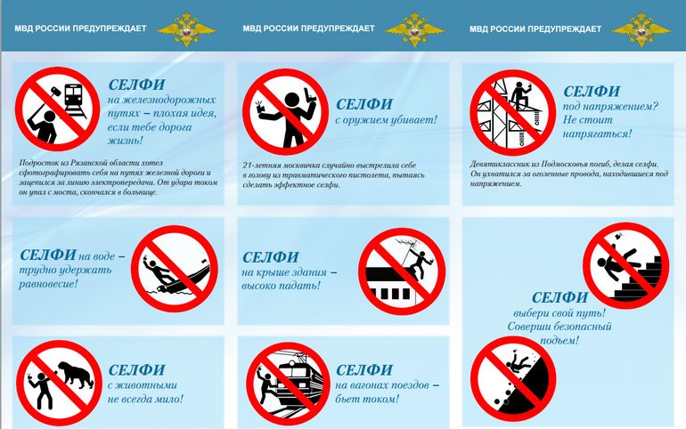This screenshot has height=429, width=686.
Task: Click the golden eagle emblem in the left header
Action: pyautogui.click(x=186, y=28)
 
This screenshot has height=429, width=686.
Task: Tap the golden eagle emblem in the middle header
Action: pyautogui.click(x=414, y=28)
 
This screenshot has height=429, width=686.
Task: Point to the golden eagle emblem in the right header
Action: pyautogui.click(x=641, y=28)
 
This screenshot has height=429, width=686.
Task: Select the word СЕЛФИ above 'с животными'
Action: pyautogui.click(x=135, y=369)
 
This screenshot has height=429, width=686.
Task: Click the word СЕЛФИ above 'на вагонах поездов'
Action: pyautogui.click(x=365, y=369)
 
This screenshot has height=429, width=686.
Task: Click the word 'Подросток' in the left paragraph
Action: pyautogui.click(x=38, y=165)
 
